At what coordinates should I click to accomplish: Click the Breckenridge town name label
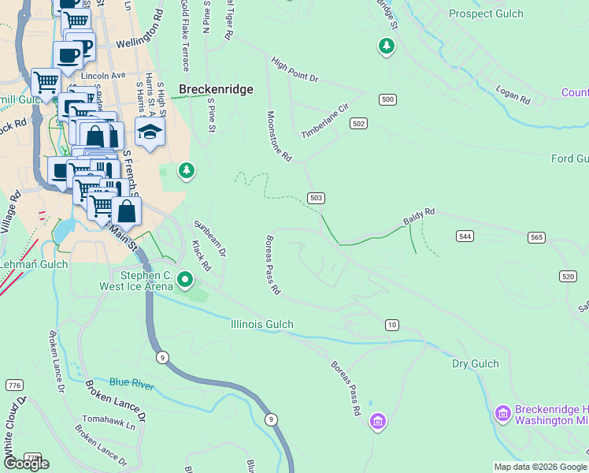pos(217,89)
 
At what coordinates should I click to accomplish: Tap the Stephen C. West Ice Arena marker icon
pos(185,279)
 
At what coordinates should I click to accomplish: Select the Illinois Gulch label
pos(262,324)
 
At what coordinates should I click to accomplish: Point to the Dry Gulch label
pos(476,363)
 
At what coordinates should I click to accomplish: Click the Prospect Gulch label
pos(486,13)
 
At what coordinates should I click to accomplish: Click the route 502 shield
pos(359,124)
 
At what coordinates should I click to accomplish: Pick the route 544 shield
pos(465,236)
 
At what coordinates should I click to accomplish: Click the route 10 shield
pos(391,325)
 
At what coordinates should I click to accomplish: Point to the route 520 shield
pos(568,275)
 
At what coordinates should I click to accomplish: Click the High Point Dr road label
pos(294,69)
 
